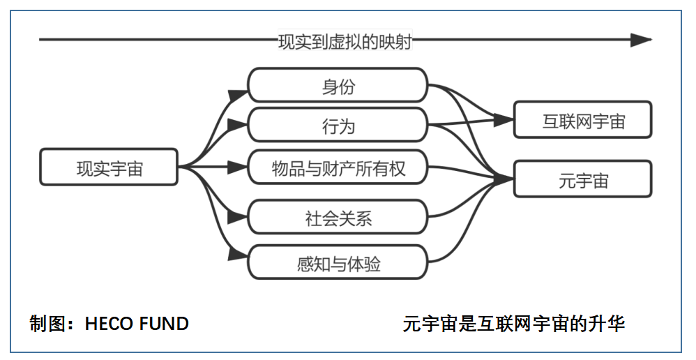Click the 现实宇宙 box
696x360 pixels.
click(109, 167)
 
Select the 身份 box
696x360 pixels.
click(338, 85)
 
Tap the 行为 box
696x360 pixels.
click(338, 125)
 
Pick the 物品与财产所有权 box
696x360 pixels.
click(338, 167)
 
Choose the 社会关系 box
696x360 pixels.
click(338, 216)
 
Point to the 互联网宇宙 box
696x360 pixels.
click(583, 119)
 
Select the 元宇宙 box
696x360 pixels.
click(583, 179)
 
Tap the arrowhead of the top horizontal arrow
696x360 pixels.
click(642, 40)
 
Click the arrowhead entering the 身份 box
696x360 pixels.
click(238, 95)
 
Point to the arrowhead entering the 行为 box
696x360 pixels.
click(238, 124)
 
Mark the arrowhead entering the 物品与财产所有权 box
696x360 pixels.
click(238, 167)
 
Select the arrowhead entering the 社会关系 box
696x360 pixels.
click(238, 216)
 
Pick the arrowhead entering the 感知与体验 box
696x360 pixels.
click(238, 255)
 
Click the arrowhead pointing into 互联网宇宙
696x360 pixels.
click(504, 119)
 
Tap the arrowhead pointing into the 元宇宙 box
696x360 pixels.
click(504, 179)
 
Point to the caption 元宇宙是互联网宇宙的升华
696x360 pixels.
click(513, 324)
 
